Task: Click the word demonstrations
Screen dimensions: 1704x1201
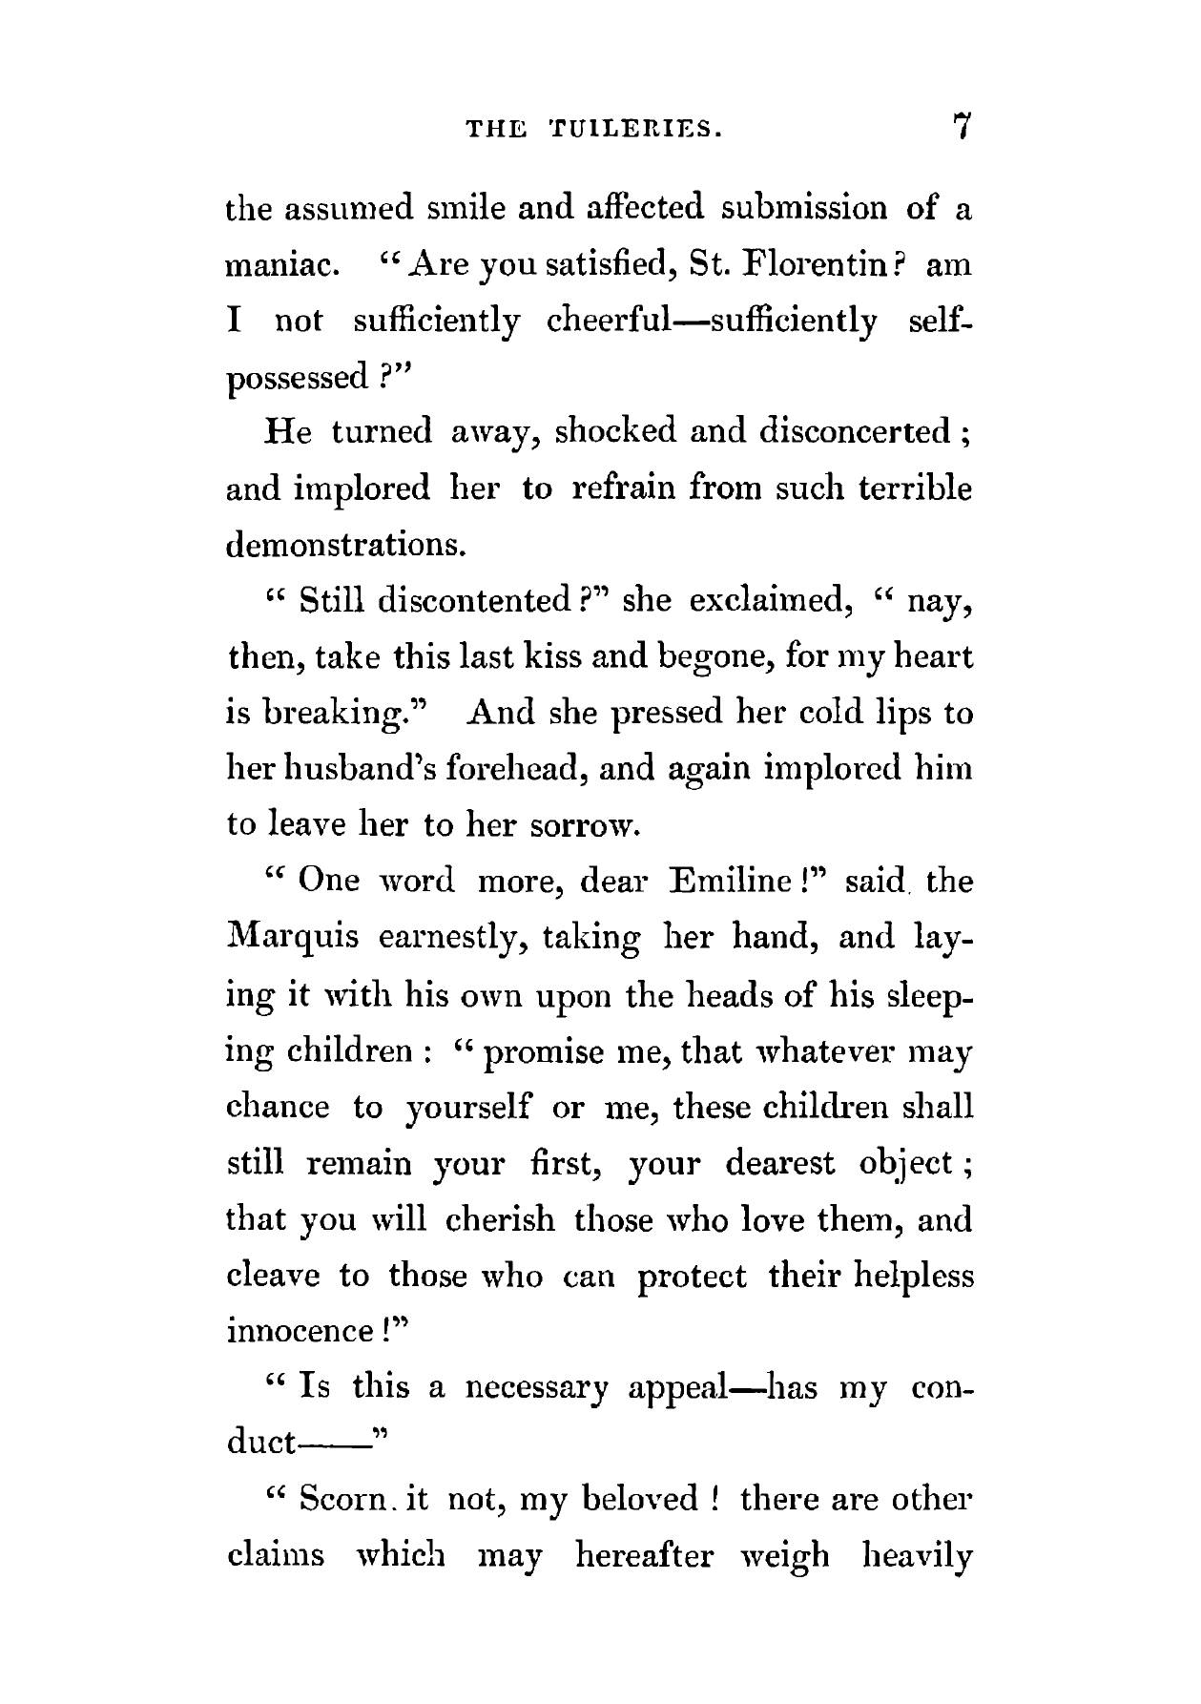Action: (346, 545)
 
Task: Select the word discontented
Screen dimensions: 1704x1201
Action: (473, 601)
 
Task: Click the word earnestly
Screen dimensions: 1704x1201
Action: (453, 938)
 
